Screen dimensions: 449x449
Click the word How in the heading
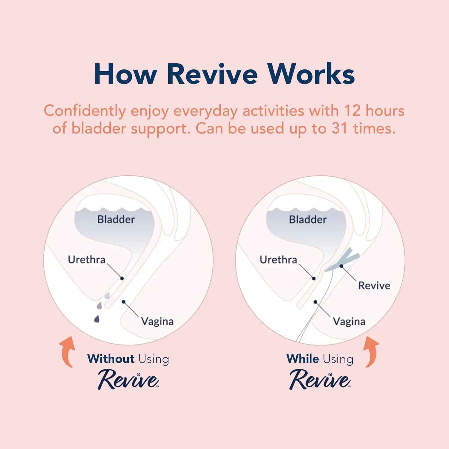[x=125, y=74]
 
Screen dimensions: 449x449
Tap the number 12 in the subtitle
[x=352, y=111]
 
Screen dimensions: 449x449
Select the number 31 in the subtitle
[x=340, y=129]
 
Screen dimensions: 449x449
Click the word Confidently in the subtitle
[x=85, y=111]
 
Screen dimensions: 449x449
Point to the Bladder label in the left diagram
[x=116, y=219]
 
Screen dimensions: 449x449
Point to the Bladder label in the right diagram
[x=308, y=219]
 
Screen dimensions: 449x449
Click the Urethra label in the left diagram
[x=87, y=260]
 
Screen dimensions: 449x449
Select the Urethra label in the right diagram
[x=278, y=260]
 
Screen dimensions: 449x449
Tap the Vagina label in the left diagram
[x=157, y=321]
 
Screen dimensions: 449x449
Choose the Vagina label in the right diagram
[x=349, y=321]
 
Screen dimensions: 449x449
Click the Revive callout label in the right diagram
[x=374, y=286]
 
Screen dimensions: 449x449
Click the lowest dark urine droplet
[x=97, y=319]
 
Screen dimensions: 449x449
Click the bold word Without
[x=111, y=359]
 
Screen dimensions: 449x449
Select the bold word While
[x=302, y=359]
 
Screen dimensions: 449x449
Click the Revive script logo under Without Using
[x=128, y=379]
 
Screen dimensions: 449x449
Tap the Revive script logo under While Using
[x=320, y=379]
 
